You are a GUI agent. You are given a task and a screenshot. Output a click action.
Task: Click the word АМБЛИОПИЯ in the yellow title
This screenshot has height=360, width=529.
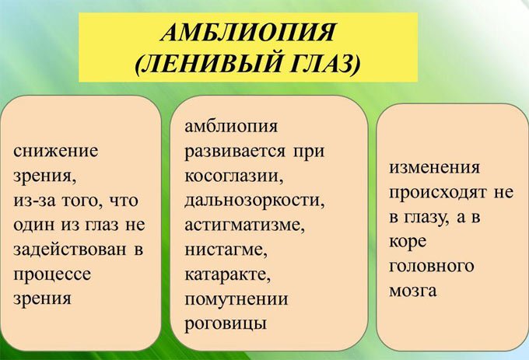pos(248,33)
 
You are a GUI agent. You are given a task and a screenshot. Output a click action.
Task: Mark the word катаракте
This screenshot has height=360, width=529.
pos(226,274)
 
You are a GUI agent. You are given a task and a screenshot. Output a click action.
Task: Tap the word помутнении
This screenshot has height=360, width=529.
pos(236,299)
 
